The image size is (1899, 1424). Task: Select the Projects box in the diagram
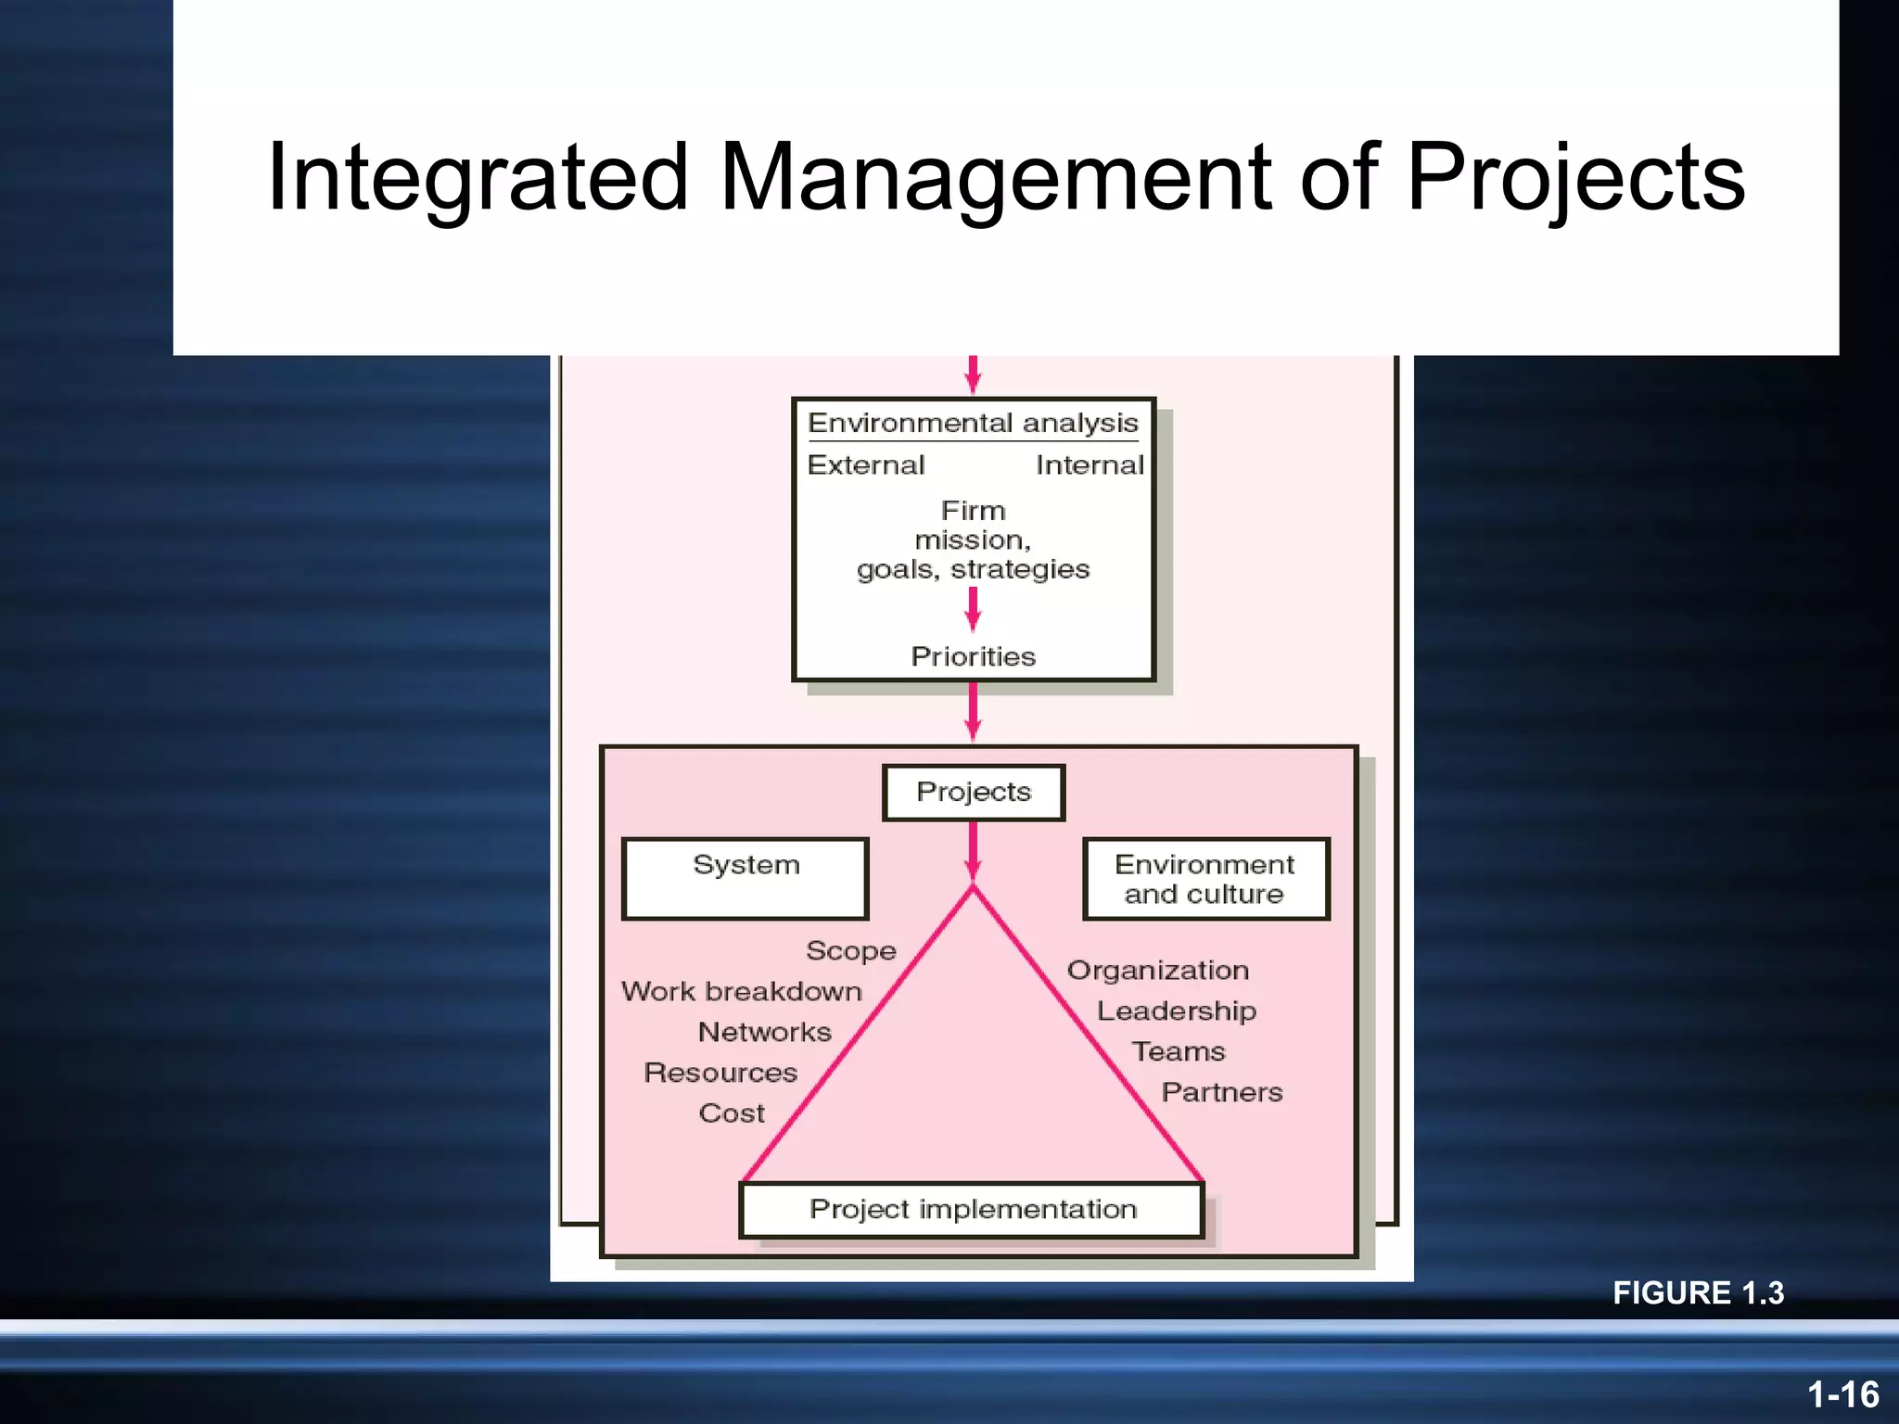coord(974,793)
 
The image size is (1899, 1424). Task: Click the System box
coord(746,878)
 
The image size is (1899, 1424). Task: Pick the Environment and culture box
coord(1205,879)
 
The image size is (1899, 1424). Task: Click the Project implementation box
coord(973,1210)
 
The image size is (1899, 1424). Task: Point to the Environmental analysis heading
coord(973,424)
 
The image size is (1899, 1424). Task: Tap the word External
coord(866,465)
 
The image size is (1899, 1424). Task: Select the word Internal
coord(1090,465)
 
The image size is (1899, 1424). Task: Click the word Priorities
coord(973,657)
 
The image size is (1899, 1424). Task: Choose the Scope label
coord(851,951)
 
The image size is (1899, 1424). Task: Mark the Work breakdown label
coord(742,992)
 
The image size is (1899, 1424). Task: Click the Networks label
coord(765,1033)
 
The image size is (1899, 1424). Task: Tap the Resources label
coord(720,1074)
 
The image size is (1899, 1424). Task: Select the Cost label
coord(732,1113)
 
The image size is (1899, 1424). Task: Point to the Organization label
coord(1158,971)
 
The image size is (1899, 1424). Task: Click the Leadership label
coord(1177,1011)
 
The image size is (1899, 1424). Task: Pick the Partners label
coord(1222,1093)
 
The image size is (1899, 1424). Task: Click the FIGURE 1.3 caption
coord(1698,1293)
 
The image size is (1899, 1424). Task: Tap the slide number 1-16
coord(1842,1394)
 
